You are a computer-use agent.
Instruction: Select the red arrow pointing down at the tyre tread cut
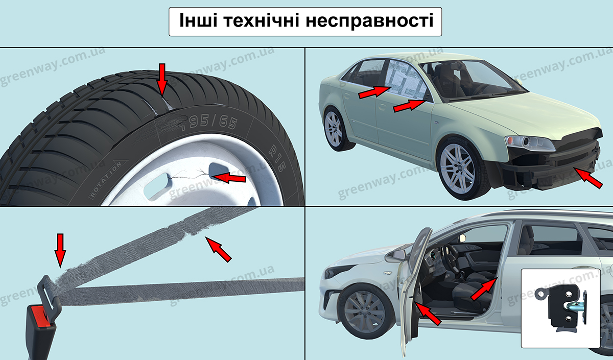[162, 78]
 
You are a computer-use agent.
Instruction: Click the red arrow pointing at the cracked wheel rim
[228, 178]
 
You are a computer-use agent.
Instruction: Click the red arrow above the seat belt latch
[60, 249]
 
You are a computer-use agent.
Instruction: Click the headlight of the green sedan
[529, 143]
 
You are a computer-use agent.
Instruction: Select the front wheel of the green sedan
[457, 168]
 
